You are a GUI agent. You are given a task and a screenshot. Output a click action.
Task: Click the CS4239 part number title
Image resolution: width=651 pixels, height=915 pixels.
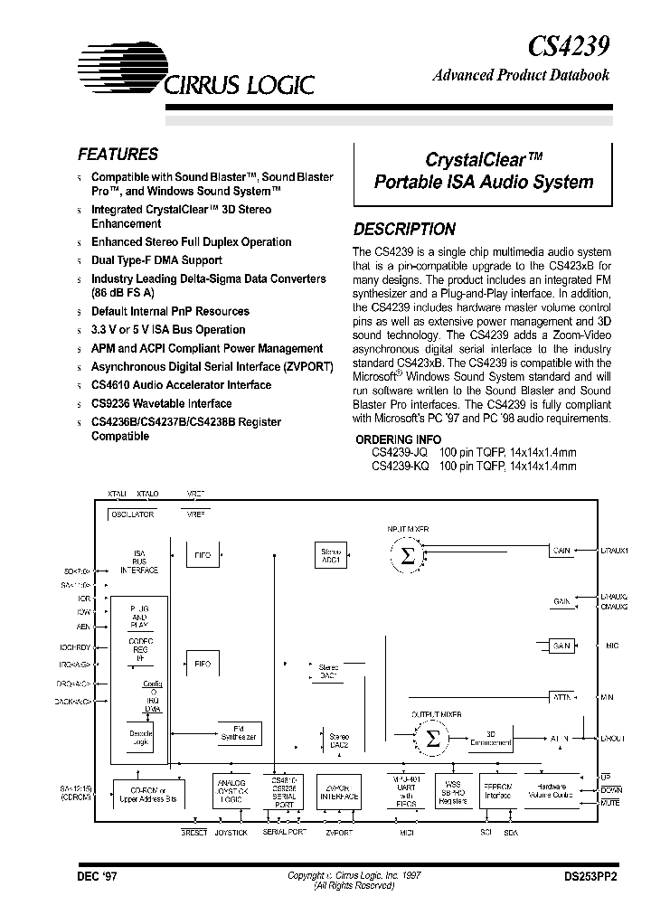point(568,44)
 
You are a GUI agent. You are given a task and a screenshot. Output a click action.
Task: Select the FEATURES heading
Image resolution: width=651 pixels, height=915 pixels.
point(118,155)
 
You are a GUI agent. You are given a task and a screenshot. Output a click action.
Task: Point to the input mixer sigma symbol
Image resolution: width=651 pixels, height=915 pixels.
point(408,556)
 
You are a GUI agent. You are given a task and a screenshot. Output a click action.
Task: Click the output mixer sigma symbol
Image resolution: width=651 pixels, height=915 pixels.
point(434,738)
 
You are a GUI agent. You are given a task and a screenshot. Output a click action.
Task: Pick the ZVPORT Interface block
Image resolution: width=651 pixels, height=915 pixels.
point(340,792)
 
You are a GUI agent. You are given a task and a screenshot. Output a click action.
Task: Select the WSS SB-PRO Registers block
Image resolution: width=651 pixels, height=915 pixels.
point(451,791)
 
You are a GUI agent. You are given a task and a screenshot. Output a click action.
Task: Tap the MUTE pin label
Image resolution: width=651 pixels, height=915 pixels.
point(611,802)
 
